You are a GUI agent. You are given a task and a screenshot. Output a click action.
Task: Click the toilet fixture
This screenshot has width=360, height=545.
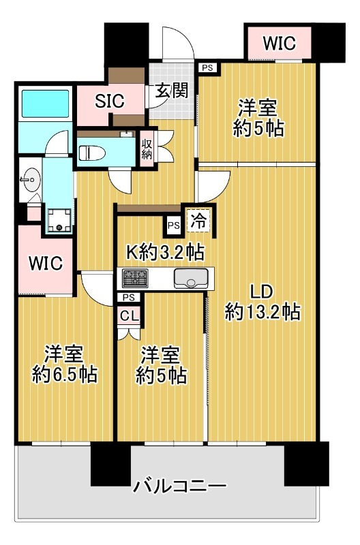point(93,153)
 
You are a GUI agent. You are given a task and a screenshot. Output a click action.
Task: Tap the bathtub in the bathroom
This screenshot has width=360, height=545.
point(46,104)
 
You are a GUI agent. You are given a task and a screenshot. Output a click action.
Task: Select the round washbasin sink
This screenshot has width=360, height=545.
point(31,180)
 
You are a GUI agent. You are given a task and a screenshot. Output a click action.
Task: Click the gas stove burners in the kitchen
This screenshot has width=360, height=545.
point(135,279)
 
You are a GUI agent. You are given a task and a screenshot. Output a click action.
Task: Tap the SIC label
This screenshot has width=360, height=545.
point(110,101)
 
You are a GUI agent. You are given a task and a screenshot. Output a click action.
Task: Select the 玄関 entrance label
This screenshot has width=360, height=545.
point(172,91)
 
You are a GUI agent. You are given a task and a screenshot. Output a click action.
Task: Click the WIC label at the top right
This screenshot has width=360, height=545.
point(279,43)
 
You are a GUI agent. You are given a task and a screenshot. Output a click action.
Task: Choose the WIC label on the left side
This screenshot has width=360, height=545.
point(46,263)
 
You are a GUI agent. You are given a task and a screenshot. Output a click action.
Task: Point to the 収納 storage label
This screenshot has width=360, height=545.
point(147,149)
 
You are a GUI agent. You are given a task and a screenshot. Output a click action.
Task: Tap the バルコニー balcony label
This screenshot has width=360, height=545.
point(180,486)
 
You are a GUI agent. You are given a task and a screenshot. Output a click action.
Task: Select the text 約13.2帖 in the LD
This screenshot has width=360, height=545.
point(262,312)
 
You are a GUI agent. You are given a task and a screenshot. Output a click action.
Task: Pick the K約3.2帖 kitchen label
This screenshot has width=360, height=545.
point(164,252)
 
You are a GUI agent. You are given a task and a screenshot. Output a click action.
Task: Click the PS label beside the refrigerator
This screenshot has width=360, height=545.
point(174,225)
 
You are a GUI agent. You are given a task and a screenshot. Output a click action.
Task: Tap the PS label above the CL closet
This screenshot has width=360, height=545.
point(129,298)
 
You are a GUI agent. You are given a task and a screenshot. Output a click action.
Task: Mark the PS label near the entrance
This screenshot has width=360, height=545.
point(207,67)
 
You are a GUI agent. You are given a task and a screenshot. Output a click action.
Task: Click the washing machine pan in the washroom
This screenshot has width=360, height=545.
point(59,220)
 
